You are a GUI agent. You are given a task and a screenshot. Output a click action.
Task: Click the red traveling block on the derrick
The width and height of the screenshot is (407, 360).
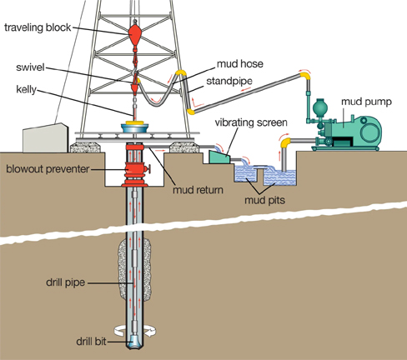tap(135, 34)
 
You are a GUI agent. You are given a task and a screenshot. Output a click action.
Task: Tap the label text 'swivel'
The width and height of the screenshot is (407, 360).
tap(30, 67)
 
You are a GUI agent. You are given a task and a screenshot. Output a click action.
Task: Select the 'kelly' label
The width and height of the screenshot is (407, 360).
tap(26, 89)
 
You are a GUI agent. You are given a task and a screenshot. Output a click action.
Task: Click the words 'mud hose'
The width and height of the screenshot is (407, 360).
tap(240, 64)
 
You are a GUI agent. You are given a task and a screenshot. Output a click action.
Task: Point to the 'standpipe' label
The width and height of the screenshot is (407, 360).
tap(229, 81)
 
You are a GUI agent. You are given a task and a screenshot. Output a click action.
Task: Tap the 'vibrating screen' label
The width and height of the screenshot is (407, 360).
tap(251, 122)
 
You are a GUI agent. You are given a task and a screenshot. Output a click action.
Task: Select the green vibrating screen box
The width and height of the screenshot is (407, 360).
tap(219, 157)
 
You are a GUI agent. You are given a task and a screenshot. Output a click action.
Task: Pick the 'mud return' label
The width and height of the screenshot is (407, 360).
tap(198, 190)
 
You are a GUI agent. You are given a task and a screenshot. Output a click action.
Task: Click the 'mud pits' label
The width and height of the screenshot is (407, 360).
tap(264, 200)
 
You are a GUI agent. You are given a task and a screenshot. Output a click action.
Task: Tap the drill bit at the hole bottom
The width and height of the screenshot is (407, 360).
tap(135, 342)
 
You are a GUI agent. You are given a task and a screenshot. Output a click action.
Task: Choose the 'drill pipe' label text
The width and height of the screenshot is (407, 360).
tap(65, 282)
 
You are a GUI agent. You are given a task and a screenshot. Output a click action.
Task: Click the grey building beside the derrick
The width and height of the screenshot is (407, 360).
tap(46, 137)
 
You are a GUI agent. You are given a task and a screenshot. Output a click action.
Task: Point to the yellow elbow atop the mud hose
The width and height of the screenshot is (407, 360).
tap(181, 72)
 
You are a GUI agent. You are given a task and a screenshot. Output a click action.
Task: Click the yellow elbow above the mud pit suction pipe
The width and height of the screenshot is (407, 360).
tap(285, 142)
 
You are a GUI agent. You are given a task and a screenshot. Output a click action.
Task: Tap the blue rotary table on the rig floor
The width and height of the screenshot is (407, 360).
tap(135, 129)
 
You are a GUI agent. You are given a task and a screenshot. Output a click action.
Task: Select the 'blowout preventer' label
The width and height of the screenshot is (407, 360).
tap(48, 169)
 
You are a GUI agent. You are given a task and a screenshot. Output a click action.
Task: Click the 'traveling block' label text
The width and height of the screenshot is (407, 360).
tap(38, 27)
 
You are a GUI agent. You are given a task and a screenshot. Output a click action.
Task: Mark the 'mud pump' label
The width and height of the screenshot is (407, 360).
tap(366, 102)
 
